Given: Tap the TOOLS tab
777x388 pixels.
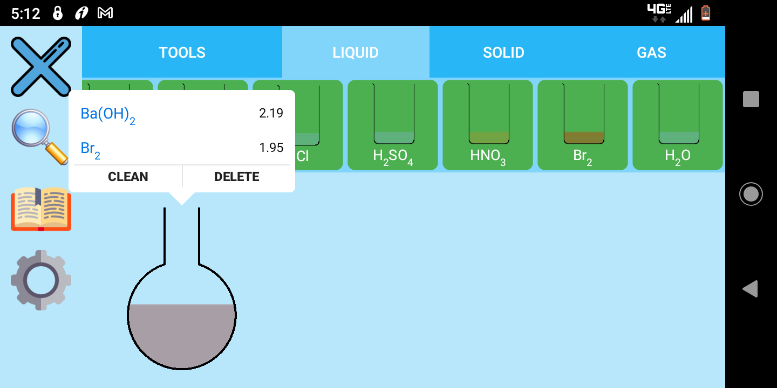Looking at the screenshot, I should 182,52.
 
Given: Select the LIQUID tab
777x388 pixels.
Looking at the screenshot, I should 356,52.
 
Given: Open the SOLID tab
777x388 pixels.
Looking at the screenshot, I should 503,52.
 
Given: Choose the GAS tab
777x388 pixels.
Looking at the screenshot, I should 651,52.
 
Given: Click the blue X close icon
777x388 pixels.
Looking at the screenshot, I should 41,66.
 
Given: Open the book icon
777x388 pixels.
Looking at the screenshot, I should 41,209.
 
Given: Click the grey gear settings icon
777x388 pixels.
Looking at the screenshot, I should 41,280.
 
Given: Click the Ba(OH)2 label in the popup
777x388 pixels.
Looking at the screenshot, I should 108,114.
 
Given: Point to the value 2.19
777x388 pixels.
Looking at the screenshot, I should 271,113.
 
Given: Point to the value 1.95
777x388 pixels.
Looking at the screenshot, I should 271,148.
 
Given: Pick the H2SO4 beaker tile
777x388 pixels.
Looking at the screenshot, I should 393,125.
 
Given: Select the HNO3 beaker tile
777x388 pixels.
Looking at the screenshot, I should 488,125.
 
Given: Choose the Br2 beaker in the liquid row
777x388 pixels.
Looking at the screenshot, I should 583,125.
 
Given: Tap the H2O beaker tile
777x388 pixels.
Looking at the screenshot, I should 678,125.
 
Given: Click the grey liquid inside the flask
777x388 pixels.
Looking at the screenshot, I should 182,334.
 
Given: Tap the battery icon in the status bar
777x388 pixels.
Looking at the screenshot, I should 706,13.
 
